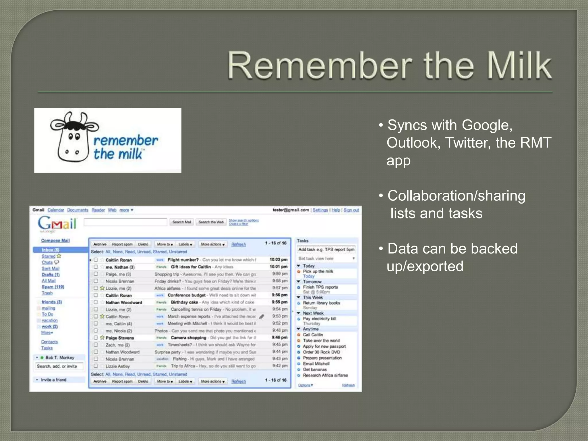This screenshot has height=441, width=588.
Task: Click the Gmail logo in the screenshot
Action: click(58, 223)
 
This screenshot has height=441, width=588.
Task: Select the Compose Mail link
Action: click(55, 241)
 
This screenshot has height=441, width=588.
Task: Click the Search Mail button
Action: click(181, 222)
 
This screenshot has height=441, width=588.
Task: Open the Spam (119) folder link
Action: click(53, 287)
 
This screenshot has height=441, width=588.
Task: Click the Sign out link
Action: click(351, 210)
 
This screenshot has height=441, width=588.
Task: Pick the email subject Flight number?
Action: click(183, 260)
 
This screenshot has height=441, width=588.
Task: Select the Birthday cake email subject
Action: click(184, 302)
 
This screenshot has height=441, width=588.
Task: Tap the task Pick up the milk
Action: click(318, 271)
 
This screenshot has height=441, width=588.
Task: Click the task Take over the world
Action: click(321, 341)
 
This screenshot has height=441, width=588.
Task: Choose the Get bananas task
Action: click(315, 370)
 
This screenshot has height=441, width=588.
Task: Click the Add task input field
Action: click(326, 249)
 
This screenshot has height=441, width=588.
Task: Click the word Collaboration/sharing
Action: click(456, 196)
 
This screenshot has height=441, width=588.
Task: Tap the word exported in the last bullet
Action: click(435, 266)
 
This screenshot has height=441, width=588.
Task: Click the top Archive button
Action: click(100, 244)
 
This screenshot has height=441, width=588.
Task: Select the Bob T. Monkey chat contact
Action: click(60, 357)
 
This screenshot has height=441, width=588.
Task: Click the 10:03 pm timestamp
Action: click(278, 260)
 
